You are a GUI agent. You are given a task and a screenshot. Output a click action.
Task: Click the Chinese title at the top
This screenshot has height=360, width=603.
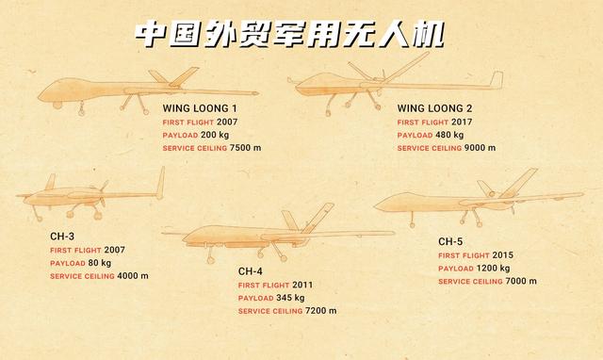click(287, 34)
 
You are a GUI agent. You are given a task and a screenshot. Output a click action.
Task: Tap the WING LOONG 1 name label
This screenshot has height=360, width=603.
click(201, 108)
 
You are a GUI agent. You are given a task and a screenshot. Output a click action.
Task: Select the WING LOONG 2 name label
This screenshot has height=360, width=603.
click(435, 108)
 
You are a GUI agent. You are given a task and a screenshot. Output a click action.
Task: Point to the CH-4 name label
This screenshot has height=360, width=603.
click(253, 270)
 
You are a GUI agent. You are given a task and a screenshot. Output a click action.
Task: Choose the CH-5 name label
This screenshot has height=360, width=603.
click(451, 241)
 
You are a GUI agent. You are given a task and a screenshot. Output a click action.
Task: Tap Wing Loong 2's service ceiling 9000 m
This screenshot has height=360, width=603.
click(477, 149)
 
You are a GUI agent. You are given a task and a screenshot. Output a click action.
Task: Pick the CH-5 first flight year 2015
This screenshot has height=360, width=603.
click(501, 255)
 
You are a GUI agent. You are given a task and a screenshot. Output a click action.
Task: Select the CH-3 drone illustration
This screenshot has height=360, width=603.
click(90, 195)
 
